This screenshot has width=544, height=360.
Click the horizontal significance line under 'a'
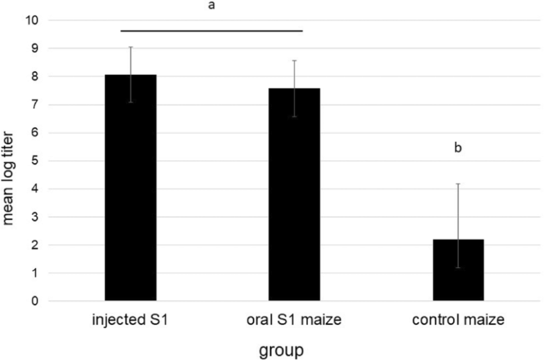tap(212, 30)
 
